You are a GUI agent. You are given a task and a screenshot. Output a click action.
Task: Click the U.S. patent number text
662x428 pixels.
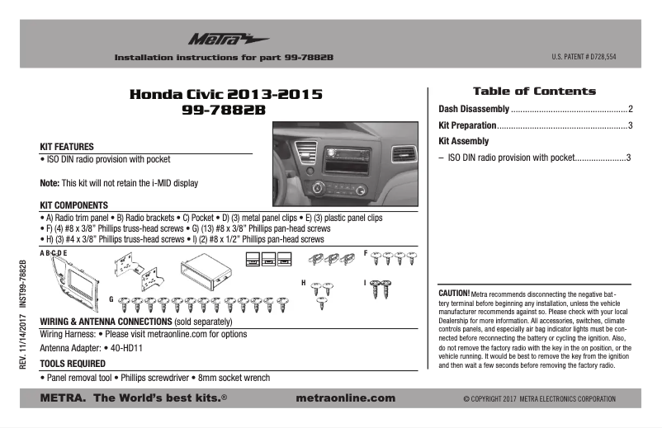[x=584, y=58]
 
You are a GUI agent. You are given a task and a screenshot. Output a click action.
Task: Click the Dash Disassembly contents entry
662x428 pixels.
[x=474, y=109]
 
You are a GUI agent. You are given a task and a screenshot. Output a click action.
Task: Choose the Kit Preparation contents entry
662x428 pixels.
[x=467, y=125]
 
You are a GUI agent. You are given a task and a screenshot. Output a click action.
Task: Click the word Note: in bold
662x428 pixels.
[x=50, y=182]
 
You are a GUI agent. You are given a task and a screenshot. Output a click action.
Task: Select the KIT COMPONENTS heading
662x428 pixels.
[x=74, y=205]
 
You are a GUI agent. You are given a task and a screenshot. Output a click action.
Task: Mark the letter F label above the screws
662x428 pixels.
[x=366, y=251]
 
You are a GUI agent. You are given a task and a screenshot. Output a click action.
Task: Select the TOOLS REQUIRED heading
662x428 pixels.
[x=73, y=363]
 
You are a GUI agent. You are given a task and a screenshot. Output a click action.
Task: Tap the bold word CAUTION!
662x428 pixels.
[x=454, y=293]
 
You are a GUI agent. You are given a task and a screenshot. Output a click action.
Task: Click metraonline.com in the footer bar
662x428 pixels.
[x=345, y=398]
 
